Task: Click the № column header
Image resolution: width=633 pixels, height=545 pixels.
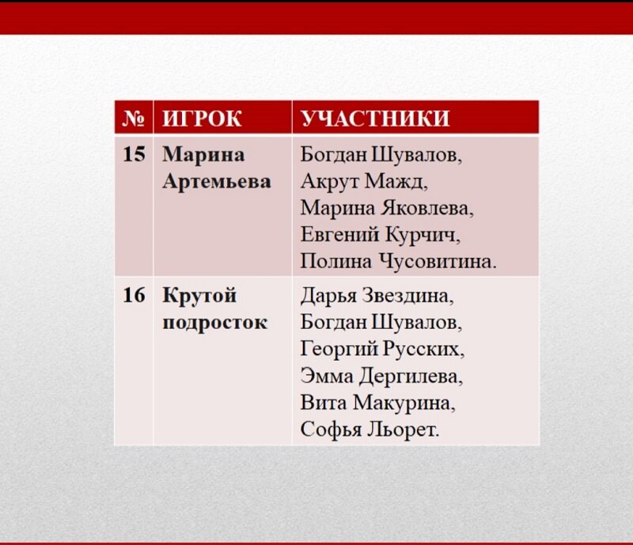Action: [134, 119]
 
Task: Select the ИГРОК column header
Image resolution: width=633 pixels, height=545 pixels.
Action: [202, 119]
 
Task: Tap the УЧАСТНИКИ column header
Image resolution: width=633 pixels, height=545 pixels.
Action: [375, 119]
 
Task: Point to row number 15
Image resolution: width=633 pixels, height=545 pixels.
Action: [134, 154]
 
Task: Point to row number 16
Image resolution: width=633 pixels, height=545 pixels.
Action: [134, 296]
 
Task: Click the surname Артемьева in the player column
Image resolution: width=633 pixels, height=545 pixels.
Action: [216, 181]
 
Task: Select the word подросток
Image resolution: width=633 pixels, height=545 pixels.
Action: [214, 323]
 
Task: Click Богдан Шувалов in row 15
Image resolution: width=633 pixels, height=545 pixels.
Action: [381, 154]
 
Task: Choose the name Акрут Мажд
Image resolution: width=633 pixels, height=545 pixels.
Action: [363, 181]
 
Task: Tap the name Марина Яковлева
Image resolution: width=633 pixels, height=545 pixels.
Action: [386, 208]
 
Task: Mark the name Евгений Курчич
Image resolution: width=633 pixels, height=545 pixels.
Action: [380, 235]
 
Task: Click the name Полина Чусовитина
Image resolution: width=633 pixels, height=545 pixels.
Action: [398, 262]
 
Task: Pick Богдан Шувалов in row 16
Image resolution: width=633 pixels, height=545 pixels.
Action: [381, 323]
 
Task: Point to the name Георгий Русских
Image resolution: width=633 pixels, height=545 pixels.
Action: [382, 350]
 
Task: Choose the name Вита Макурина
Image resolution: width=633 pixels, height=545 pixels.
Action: [378, 403]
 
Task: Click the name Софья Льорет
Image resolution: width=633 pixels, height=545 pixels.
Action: [369, 430]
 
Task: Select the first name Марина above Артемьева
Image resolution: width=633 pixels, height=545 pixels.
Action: [203, 154]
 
